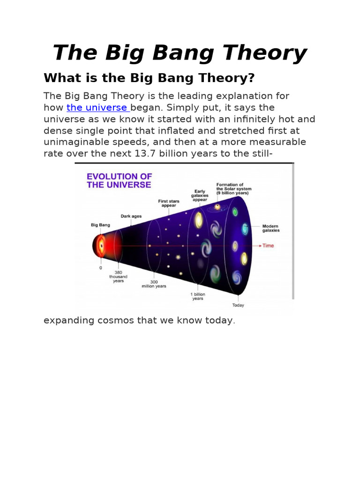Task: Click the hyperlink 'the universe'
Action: coord(97,108)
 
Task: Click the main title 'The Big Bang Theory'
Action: coord(180,53)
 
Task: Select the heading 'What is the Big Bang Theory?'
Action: coord(149,78)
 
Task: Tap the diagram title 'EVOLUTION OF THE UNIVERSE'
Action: coord(119,180)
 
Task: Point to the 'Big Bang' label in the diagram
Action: coord(100,225)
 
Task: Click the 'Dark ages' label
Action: coord(131,216)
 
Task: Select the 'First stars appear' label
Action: coord(169,203)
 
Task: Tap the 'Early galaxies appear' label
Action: coord(200,195)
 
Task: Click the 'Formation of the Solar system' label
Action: coord(233,189)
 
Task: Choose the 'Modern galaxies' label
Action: coord(271,228)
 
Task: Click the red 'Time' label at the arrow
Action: coord(268,246)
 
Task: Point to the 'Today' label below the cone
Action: coord(238,305)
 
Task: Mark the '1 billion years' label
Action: coord(198,296)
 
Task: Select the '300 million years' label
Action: coord(154,284)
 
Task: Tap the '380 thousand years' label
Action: coord(118,277)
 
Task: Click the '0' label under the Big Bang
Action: coord(100,268)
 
